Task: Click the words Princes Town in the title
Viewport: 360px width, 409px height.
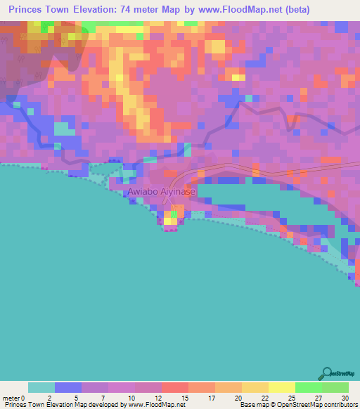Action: [34, 11]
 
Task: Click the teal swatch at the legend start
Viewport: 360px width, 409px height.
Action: [41, 387]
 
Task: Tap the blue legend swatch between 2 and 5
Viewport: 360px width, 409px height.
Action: [67, 387]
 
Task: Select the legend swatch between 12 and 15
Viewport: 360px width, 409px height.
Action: [174, 387]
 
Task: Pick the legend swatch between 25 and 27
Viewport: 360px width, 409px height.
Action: [308, 387]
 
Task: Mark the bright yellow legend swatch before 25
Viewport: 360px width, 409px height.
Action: [281, 387]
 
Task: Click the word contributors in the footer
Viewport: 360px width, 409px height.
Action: [337, 405]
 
